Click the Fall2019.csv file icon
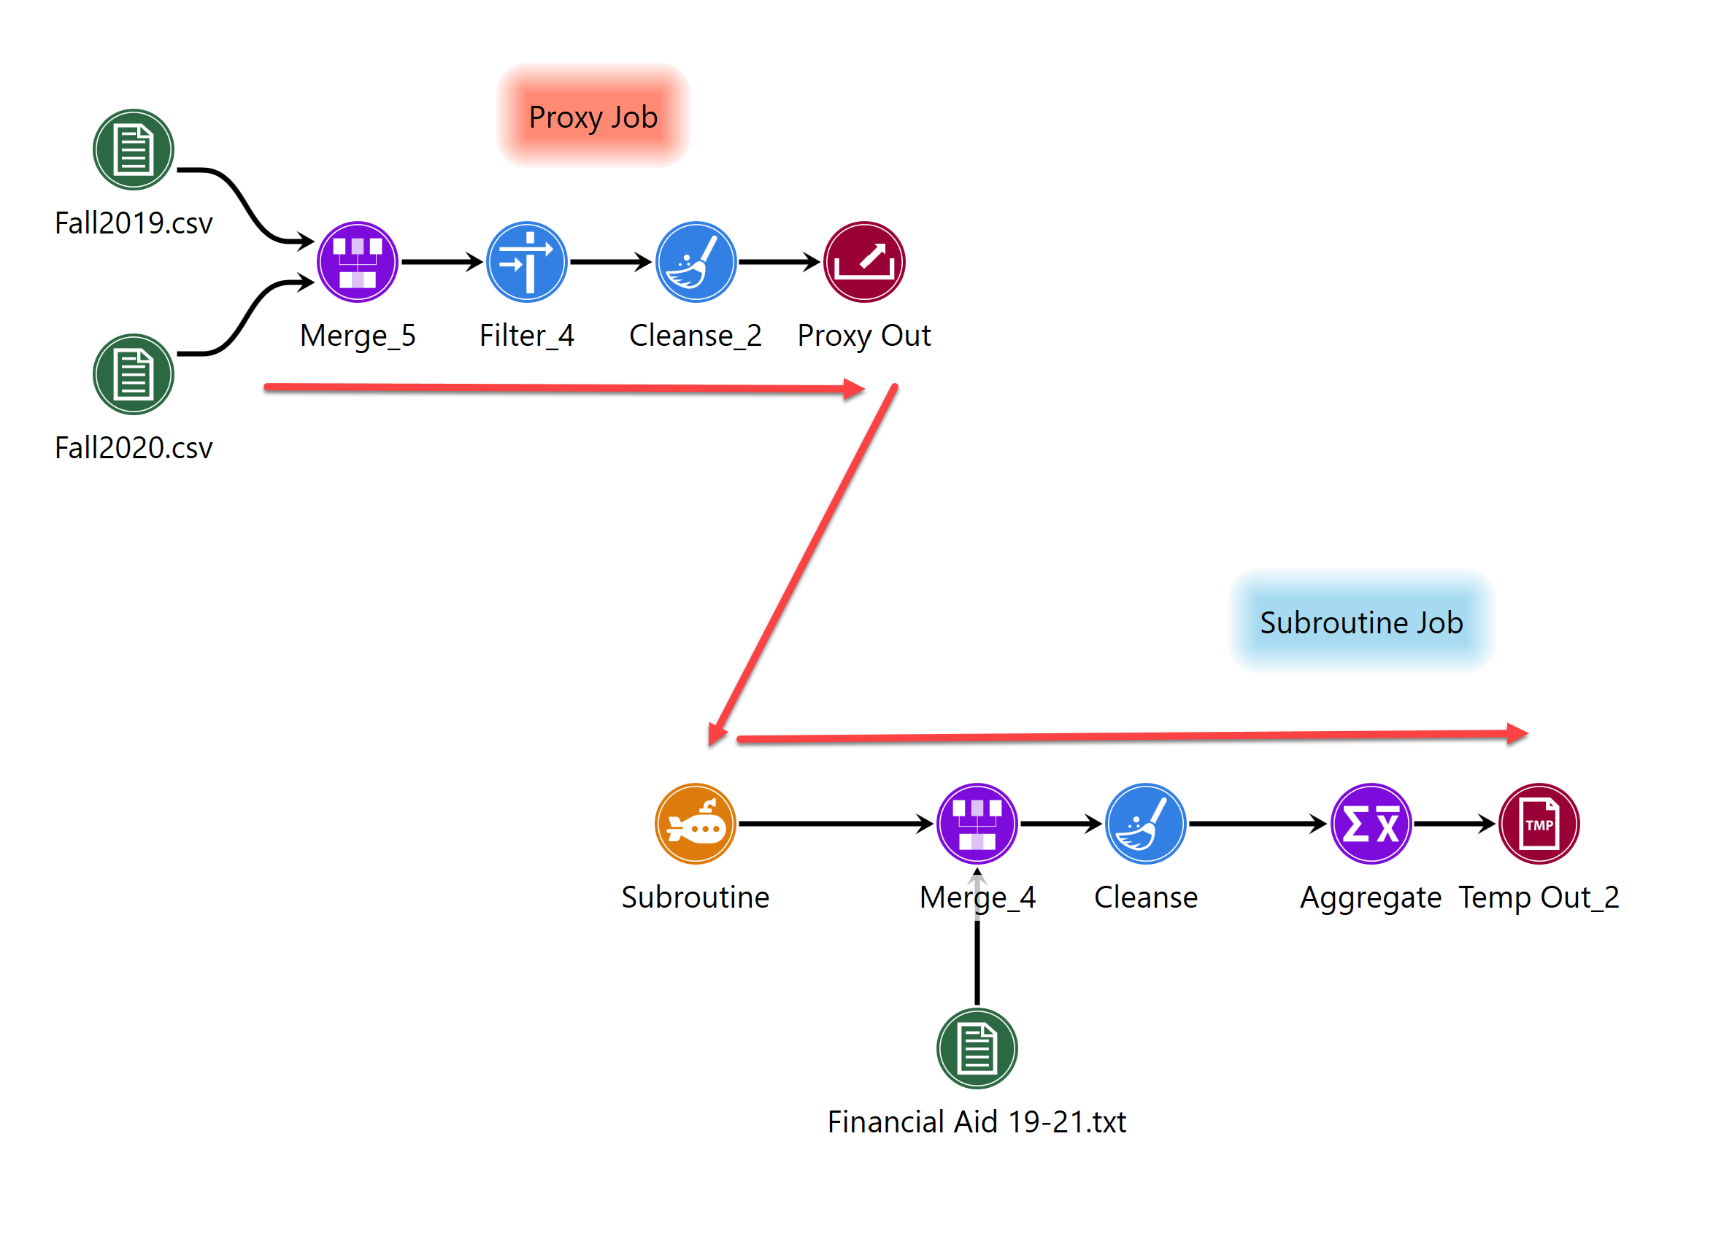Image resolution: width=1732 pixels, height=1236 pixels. click(x=134, y=149)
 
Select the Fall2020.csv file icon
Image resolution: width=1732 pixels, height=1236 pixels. click(x=134, y=374)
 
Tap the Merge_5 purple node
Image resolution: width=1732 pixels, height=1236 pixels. click(x=357, y=262)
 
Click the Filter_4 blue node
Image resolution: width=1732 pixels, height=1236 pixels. click(x=526, y=262)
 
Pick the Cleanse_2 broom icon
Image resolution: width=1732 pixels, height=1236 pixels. click(x=695, y=262)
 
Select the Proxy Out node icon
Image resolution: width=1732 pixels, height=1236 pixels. click(x=863, y=262)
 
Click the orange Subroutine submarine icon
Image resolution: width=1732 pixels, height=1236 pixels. click(x=694, y=823)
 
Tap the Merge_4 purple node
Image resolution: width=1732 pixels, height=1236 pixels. click(x=976, y=823)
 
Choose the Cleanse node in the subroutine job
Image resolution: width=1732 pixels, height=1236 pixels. click(x=1145, y=823)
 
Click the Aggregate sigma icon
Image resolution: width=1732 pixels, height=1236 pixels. click(x=1371, y=823)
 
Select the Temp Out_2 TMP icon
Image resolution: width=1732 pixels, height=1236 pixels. click(x=1539, y=823)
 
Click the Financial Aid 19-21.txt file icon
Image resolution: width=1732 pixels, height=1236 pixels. click(x=976, y=1048)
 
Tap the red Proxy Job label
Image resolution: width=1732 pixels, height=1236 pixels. click(x=593, y=117)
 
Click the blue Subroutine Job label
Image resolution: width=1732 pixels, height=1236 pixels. click(x=1360, y=622)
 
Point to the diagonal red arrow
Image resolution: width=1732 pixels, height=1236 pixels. click(x=803, y=563)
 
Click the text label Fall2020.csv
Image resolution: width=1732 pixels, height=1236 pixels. click(x=134, y=447)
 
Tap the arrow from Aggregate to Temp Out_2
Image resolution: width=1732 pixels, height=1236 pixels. click(x=1452, y=823)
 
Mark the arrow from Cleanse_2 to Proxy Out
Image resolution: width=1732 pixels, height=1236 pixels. click(x=777, y=262)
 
